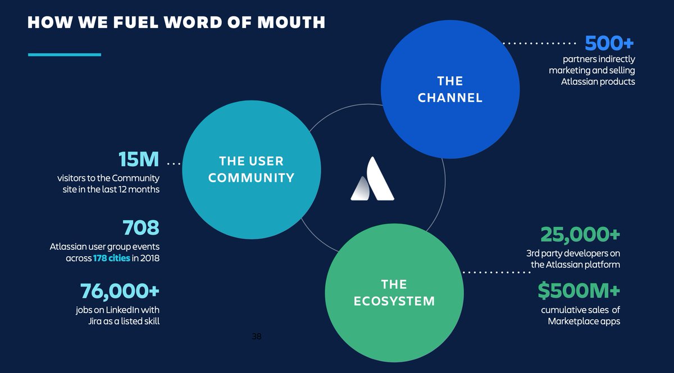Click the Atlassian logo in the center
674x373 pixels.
(x=372, y=179)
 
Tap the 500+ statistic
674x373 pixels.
(x=609, y=43)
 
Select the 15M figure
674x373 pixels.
(x=139, y=160)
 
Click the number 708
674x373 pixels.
(x=141, y=228)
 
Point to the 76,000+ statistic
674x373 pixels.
(x=120, y=292)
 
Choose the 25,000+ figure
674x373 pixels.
(x=580, y=234)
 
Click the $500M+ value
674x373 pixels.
(x=579, y=291)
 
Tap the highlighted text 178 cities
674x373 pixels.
(x=112, y=258)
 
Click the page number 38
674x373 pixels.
(x=257, y=336)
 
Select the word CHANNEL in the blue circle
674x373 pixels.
(x=450, y=98)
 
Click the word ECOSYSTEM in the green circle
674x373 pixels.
(x=394, y=301)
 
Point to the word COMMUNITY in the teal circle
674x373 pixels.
(x=251, y=178)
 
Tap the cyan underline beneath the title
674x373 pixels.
(x=64, y=54)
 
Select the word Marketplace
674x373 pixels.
(x=574, y=321)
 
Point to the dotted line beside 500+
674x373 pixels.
(x=539, y=43)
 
